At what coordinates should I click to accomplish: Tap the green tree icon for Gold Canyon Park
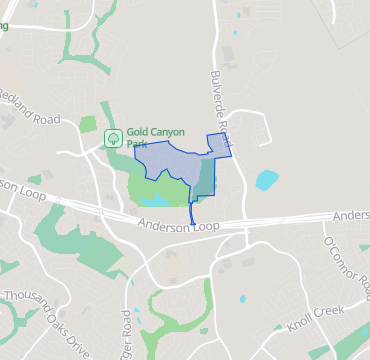click(x=114, y=137)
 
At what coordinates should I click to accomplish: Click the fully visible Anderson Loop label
click(x=179, y=227)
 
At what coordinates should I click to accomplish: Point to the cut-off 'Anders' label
click(x=351, y=215)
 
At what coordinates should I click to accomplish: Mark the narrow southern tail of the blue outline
click(x=193, y=212)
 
